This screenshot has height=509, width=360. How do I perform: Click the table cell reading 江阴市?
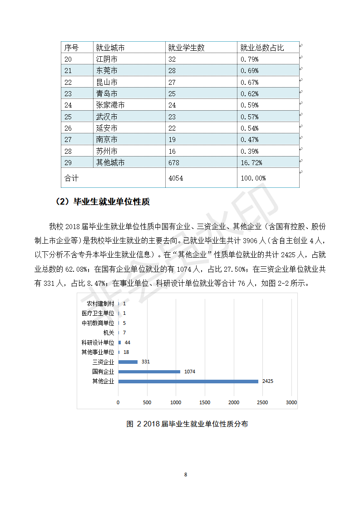[x=107, y=59]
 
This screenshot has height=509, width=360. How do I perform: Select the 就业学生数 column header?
[x=186, y=48]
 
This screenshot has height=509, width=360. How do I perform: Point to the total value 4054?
[x=176, y=178]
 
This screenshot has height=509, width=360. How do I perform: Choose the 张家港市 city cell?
[x=110, y=105]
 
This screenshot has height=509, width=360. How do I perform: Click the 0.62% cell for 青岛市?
[x=249, y=94]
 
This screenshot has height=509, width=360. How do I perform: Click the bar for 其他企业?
[x=188, y=382]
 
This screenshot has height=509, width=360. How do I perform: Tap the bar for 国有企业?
[x=149, y=372]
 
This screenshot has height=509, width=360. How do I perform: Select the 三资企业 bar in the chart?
[x=128, y=362]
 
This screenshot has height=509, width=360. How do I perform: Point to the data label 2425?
[x=267, y=382]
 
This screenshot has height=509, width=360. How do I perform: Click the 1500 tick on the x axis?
[x=205, y=402]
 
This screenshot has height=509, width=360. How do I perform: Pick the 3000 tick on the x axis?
[x=291, y=402]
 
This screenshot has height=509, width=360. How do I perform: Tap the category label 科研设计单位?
[x=98, y=343]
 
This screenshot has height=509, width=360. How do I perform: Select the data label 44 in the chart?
[x=128, y=343]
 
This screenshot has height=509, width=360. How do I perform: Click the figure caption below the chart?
[x=187, y=424]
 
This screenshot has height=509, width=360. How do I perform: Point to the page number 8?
[x=185, y=475]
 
